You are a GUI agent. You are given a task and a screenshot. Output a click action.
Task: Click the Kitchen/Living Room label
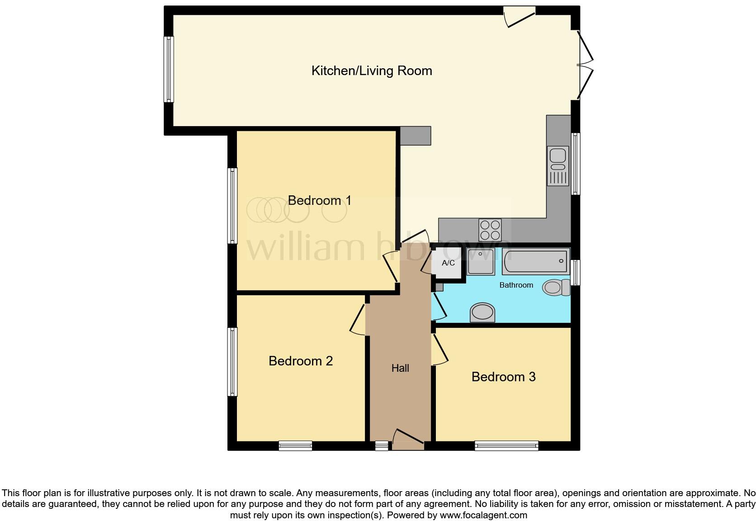pyautogui.click(x=372, y=71)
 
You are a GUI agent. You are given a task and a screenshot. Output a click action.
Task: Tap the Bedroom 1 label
pyautogui.click(x=319, y=200)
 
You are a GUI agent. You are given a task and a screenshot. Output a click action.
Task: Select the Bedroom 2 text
pyautogui.click(x=301, y=361)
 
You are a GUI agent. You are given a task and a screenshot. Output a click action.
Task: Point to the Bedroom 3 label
pyautogui.click(x=503, y=377)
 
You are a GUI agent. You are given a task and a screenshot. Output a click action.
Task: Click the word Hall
pyautogui.click(x=400, y=368)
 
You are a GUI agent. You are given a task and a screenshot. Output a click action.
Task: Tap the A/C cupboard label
pyautogui.click(x=448, y=263)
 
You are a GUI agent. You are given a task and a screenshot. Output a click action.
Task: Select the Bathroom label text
pyautogui.click(x=516, y=285)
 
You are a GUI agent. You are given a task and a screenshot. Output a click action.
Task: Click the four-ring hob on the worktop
pyautogui.click(x=490, y=230)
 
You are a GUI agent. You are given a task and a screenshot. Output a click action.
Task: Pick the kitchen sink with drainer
pyautogui.click(x=558, y=166)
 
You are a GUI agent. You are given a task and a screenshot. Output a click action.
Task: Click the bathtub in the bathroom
pyautogui.click(x=535, y=261)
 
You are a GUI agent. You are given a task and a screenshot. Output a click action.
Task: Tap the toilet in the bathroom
pyautogui.click(x=556, y=287)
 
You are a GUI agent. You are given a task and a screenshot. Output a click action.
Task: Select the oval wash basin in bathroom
pyautogui.click(x=482, y=312)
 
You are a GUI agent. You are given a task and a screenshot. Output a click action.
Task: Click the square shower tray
pyautogui.click(x=481, y=261)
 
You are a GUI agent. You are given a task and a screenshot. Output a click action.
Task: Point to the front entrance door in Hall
pyautogui.click(x=408, y=440)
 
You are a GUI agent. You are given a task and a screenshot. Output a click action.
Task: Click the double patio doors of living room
pyautogui.click(x=584, y=65)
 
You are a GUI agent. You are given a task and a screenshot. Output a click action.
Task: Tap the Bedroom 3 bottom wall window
pyautogui.click(x=506, y=446)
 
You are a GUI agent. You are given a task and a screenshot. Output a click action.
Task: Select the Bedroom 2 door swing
pyautogui.click(x=358, y=320)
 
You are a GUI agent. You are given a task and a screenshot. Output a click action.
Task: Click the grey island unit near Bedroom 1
pyautogui.click(x=415, y=136)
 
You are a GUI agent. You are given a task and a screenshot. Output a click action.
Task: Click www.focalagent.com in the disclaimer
pyautogui.click(x=483, y=515)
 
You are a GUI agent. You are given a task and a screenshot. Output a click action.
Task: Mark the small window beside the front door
pyautogui.click(x=382, y=446)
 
